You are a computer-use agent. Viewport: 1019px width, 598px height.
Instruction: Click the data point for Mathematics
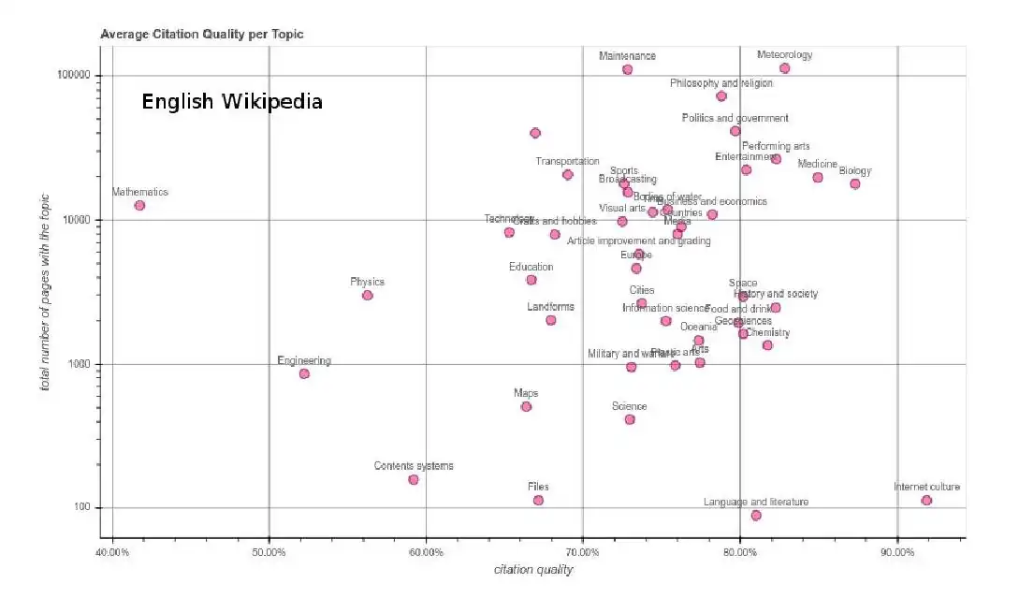(x=139, y=205)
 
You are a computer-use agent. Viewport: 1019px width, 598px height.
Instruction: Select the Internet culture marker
(x=926, y=501)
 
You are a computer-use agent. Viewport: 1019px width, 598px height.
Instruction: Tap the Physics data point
(x=368, y=295)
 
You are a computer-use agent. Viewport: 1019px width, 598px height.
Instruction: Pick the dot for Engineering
(x=304, y=373)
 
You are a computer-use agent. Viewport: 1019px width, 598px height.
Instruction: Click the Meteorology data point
(x=784, y=68)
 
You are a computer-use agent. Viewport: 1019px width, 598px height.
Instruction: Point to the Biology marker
(x=854, y=183)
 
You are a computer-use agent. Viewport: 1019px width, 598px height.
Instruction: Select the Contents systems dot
(x=414, y=479)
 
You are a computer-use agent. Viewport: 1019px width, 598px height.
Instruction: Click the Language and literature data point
(x=756, y=516)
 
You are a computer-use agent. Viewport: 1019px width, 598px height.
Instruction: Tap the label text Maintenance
(x=627, y=56)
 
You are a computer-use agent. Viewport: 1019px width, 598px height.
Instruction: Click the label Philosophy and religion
(x=721, y=83)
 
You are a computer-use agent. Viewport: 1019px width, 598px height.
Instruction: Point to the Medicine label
(x=817, y=164)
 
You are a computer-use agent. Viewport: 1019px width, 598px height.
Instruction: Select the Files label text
(x=538, y=487)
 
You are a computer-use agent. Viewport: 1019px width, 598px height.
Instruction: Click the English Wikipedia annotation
(x=232, y=101)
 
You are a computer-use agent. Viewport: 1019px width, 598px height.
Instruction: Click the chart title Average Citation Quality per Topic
(x=202, y=34)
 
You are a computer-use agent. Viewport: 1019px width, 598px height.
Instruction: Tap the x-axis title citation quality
(x=533, y=570)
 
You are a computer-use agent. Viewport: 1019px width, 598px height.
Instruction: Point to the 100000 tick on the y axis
(x=70, y=75)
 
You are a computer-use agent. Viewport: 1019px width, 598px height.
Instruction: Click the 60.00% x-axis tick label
(x=426, y=552)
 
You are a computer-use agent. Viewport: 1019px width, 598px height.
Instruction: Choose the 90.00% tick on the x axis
(x=897, y=552)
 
